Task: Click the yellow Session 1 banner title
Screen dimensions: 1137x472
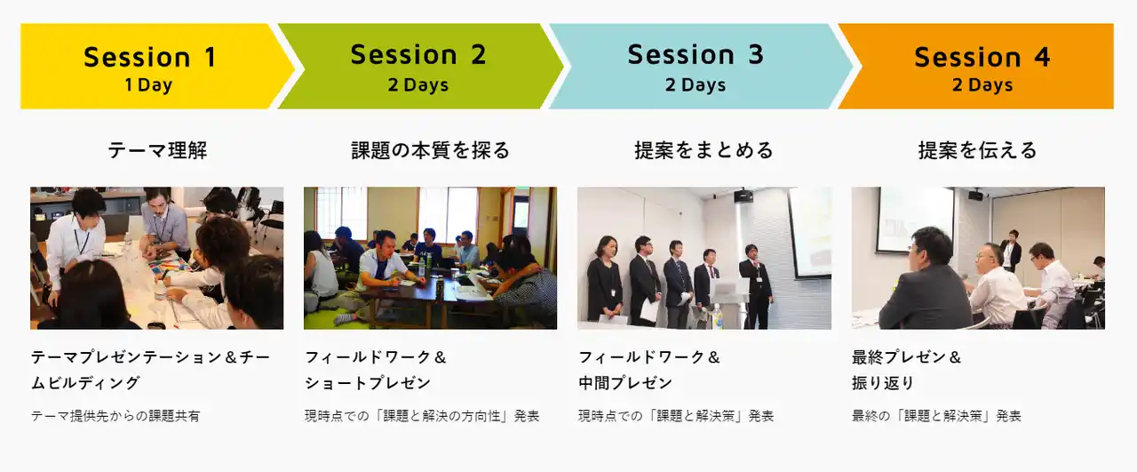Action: point(150,56)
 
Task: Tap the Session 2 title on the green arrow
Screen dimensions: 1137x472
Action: point(418,54)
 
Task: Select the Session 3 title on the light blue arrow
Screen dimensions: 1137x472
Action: point(696,54)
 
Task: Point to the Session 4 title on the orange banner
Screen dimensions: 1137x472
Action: point(982,56)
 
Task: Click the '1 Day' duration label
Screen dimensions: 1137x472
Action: point(148,84)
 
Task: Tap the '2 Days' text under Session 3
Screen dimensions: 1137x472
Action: point(696,84)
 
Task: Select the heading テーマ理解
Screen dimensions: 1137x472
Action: point(157,150)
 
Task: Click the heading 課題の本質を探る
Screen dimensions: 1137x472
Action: point(431,150)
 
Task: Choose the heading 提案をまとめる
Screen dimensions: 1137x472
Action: point(704,150)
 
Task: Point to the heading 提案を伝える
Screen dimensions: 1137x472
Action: point(978,150)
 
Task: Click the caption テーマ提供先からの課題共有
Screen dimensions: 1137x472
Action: point(115,416)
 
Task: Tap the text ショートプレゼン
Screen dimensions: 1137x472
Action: point(368,382)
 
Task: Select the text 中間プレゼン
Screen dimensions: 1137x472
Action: point(625,382)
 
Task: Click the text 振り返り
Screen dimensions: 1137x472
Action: point(883,382)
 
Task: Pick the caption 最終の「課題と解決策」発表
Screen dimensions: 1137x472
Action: point(936,416)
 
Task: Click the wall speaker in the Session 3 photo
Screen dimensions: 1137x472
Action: point(743,196)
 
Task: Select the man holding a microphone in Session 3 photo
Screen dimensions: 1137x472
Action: point(756,285)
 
